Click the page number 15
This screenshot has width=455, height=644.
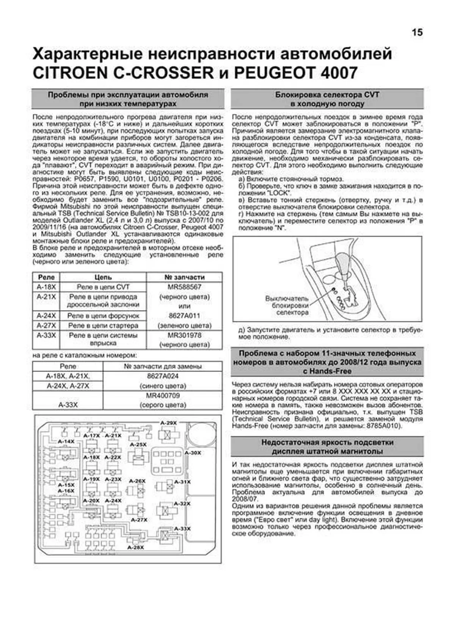[x=417, y=33]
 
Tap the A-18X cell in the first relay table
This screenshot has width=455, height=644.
[x=46, y=287]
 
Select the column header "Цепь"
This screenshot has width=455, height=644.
[x=103, y=277]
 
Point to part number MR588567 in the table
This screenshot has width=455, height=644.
[x=184, y=287]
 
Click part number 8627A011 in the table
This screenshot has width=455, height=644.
[x=184, y=316]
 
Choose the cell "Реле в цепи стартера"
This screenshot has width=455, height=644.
[x=103, y=326]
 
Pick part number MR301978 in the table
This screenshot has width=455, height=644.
[x=184, y=335]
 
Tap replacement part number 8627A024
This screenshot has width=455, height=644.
[x=163, y=376]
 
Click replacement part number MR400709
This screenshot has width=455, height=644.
[x=163, y=396]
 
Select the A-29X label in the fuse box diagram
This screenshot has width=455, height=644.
[x=168, y=423]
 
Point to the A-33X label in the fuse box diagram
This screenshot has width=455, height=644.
[x=182, y=529]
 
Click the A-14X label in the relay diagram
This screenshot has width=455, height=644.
[x=66, y=441]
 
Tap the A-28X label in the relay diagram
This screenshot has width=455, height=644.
[x=135, y=548]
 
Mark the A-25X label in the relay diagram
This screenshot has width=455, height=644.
[x=138, y=444]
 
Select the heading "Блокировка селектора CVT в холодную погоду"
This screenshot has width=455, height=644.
[x=327, y=99]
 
